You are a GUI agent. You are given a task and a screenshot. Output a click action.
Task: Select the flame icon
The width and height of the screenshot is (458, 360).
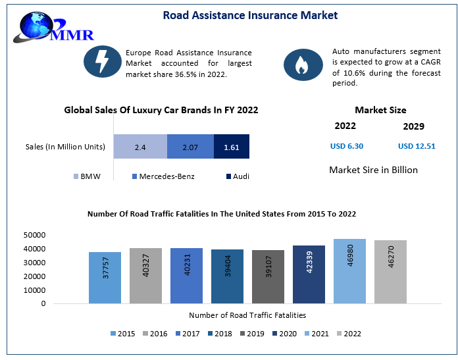[x=301, y=64]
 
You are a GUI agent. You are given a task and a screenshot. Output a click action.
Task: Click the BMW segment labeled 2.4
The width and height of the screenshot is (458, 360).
[x=140, y=147]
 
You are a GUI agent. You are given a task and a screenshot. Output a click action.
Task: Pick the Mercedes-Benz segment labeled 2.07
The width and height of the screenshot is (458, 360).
[x=190, y=147]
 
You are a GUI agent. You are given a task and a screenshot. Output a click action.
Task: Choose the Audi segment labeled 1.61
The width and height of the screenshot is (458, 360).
[x=232, y=147]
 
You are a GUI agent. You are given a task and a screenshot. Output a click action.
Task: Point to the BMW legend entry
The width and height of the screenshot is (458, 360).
[x=87, y=176]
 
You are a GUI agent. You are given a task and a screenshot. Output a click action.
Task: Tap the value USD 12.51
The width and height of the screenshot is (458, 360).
[x=417, y=146]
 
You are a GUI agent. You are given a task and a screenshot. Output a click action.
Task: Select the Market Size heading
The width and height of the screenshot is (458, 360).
[x=380, y=110]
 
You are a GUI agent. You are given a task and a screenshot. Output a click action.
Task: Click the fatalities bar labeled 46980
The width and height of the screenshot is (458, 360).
[x=349, y=271]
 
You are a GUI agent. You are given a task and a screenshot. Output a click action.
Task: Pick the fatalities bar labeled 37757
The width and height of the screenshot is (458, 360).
[x=105, y=278]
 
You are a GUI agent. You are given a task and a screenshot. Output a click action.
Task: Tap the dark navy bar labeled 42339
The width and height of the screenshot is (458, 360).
[x=309, y=274]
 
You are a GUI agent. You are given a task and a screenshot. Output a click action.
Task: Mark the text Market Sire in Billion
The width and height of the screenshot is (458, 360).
[x=373, y=170]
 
